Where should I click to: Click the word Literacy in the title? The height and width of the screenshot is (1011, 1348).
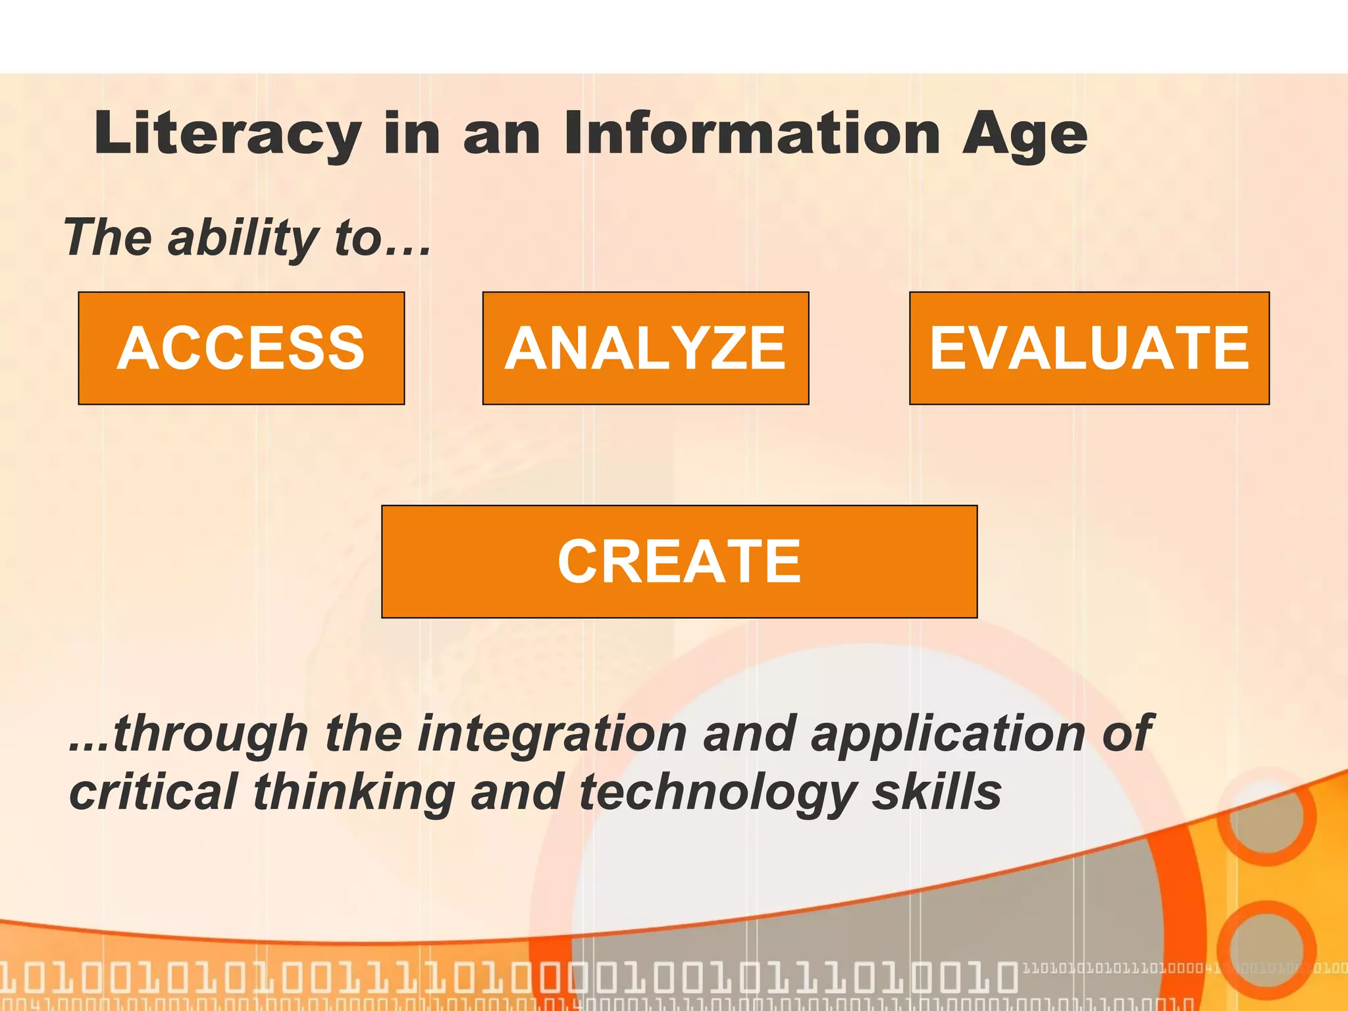(x=227, y=135)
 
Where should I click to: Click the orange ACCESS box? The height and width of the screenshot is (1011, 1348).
(x=241, y=348)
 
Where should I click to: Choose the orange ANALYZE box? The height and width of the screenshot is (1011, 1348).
(x=645, y=348)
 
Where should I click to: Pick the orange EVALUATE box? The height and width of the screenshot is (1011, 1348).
(x=1089, y=348)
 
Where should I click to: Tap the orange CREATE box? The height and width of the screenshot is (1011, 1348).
(x=679, y=561)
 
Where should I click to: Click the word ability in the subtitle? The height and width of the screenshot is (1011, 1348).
(x=243, y=238)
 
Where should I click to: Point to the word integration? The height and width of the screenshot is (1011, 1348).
(x=552, y=734)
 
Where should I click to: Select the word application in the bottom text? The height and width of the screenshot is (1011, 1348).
(x=947, y=734)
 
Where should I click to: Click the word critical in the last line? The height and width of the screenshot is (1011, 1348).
(x=153, y=792)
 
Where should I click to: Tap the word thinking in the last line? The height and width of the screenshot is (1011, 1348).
(x=353, y=792)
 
